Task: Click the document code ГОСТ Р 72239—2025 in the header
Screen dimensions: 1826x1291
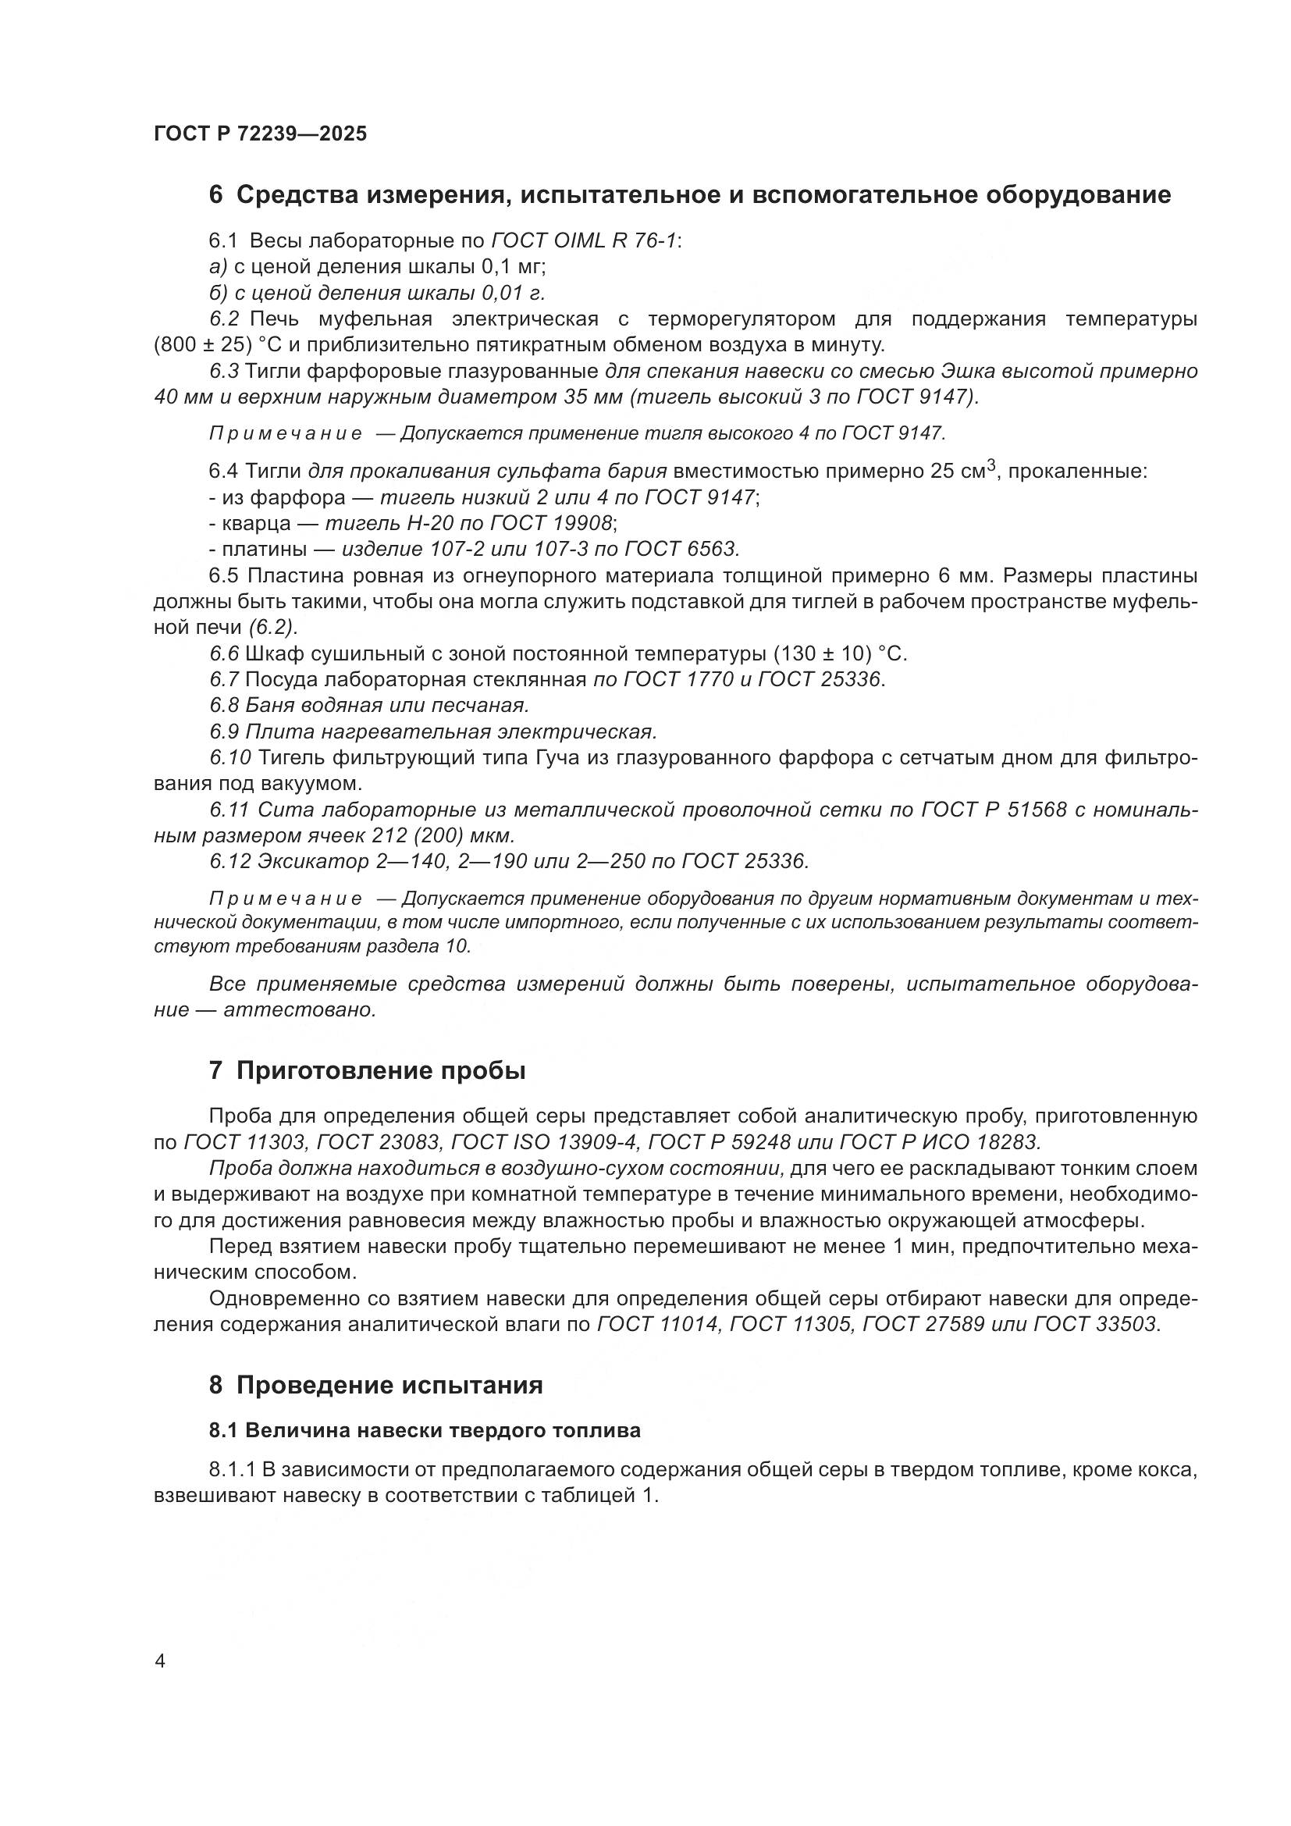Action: point(260,133)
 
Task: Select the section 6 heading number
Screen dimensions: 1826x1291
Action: point(215,195)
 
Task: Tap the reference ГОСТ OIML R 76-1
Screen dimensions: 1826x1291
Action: point(585,240)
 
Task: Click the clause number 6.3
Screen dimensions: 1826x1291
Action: point(224,372)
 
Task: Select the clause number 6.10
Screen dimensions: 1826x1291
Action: point(229,758)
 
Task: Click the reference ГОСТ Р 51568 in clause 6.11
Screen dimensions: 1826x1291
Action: point(994,810)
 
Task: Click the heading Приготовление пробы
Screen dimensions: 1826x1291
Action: point(381,1070)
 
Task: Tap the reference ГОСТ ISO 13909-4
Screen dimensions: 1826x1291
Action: point(544,1143)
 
